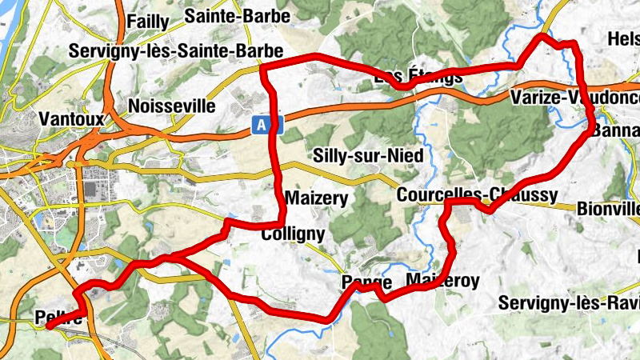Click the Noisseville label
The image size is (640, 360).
pos(172,106)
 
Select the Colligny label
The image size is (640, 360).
pos(294,234)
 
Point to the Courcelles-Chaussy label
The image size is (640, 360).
pos(477,196)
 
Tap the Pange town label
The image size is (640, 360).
pos(366,283)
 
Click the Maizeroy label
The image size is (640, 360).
pos(442,281)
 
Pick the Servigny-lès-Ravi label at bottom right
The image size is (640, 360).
pos(568,303)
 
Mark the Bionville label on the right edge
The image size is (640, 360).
pos(607,210)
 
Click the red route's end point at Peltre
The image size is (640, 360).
pos(49,326)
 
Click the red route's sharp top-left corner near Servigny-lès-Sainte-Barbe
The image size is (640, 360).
pos(264,70)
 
